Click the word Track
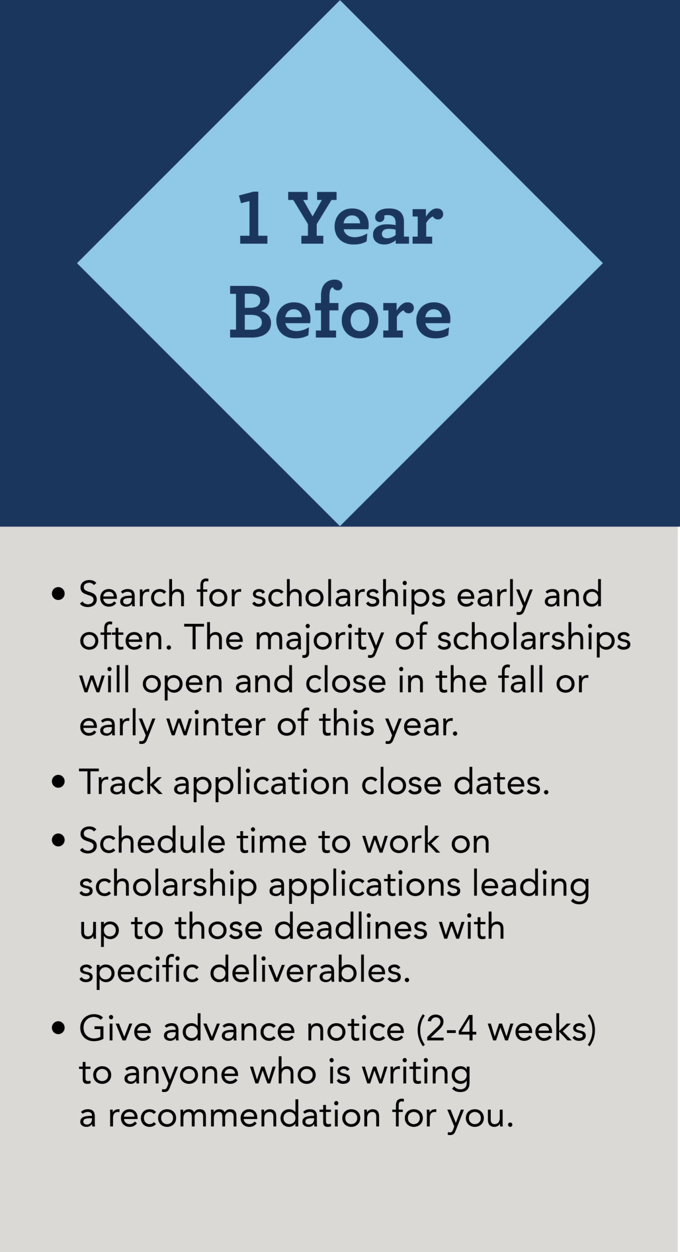tap(120, 782)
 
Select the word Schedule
tap(152, 841)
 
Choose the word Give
tap(115, 1029)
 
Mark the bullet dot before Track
tap(59, 782)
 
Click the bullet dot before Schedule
tap(59, 842)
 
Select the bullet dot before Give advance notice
tap(59, 1029)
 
